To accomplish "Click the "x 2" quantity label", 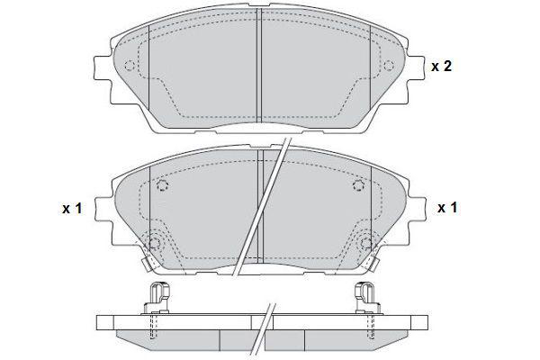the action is coord(441,66).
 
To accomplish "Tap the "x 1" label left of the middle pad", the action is coord(72,208).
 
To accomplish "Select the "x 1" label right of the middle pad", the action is coord(447,207).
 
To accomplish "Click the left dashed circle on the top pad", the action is coord(130,65).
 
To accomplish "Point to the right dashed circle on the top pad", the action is coord(389,65).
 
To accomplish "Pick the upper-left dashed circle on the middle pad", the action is coord(162,185).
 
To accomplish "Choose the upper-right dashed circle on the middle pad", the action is coord(359,185).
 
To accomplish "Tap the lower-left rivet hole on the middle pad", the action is coord(154,243).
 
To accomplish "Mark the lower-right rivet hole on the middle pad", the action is coord(366,243).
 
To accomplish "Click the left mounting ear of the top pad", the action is coord(102,67).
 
